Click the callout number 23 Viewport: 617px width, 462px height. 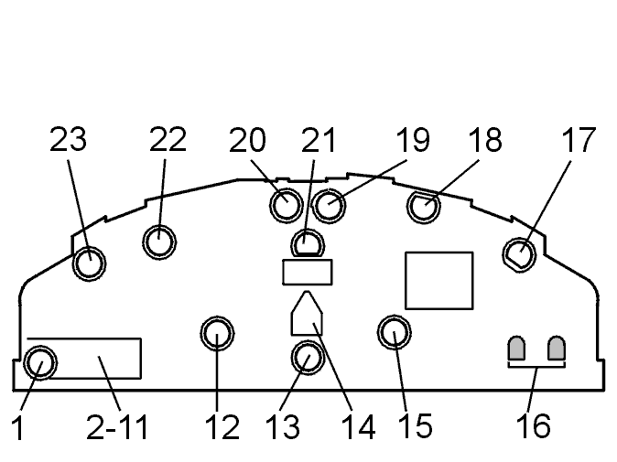[68, 140]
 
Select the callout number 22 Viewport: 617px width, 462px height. [168, 140]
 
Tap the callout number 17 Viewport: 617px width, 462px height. [579, 140]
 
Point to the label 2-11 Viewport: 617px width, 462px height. [117, 427]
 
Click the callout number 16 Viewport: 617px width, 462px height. [533, 425]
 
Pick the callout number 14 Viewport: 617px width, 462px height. [358, 427]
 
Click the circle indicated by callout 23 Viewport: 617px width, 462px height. [90, 263]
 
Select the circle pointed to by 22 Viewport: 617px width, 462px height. [159, 242]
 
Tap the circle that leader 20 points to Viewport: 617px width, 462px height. [286, 205]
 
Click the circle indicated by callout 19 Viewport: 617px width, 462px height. [329, 206]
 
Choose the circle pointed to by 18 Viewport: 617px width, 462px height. [424, 207]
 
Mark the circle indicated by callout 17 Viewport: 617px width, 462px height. [519, 254]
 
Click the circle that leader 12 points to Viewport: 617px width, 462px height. [217, 333]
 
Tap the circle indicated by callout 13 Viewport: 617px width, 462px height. [308, 357]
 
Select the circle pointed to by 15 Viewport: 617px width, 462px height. [395, 332]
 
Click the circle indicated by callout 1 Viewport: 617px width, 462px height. [40, 363]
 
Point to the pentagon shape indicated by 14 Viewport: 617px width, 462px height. [307, 314]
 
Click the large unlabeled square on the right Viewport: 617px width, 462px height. [439, 281]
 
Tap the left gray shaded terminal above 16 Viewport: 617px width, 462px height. [517, 349]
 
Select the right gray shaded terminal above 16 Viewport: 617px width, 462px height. [557, 349]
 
